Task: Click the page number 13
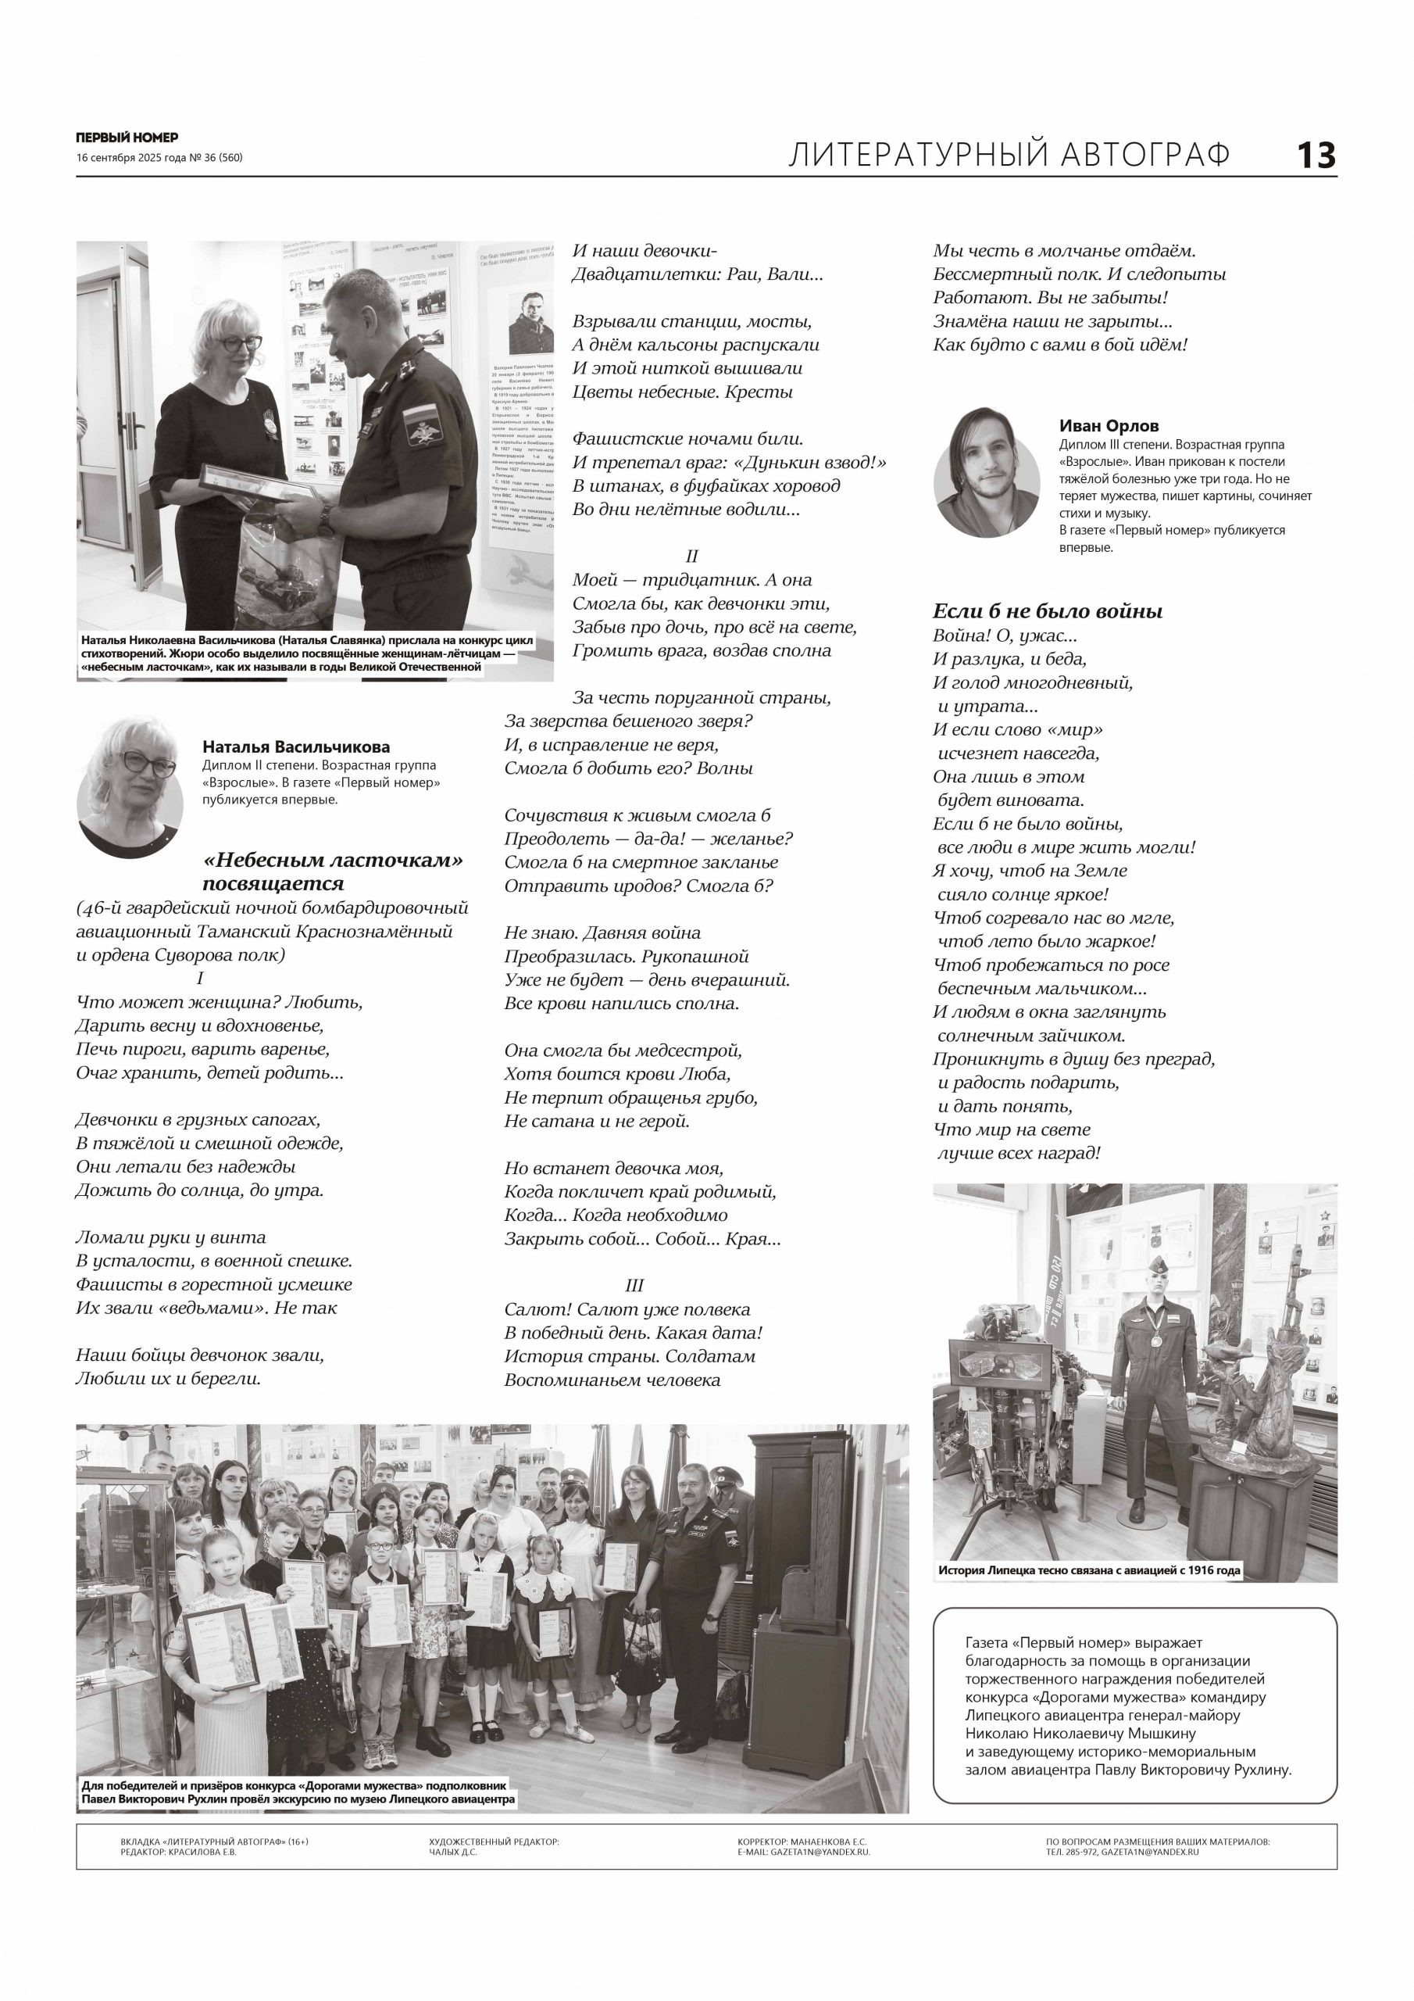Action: (x=1316, y=156)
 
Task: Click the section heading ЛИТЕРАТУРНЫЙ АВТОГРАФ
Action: (x=1009, y=155)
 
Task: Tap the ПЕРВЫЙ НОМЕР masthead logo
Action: (x=127, y=137)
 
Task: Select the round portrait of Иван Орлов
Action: (x=986, y=483)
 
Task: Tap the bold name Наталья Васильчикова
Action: (x=296, y=747)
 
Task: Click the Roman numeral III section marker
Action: (x=634, y=1286)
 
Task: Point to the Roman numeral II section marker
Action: (x=691, y=556)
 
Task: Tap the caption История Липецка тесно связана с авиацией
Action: (x=1089, y=1570)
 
